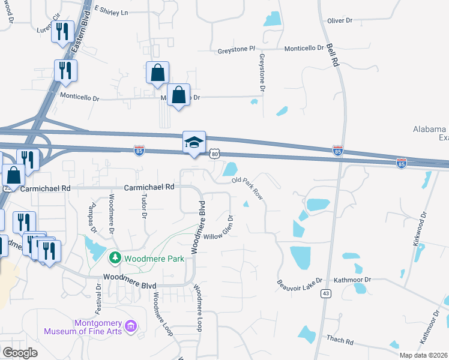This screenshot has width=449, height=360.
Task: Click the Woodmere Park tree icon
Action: (115, 259)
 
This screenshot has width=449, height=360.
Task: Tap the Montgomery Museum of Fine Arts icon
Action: (131, 327)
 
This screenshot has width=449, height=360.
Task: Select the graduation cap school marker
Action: (194, 143)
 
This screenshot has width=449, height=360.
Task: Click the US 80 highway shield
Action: (215, 155)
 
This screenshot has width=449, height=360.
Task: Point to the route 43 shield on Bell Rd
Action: (326, 293)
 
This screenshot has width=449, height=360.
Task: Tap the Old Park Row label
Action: (248, 187)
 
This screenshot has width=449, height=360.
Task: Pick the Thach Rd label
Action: (340, 340)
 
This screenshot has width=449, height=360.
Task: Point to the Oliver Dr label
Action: (340, 20)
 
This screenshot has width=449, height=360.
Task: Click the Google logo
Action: (20, 353)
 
